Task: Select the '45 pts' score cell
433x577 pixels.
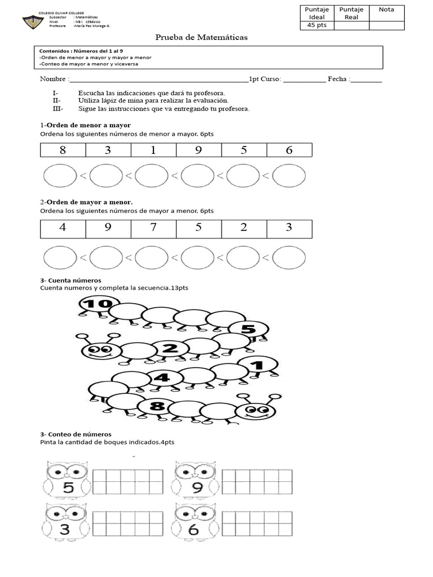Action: click(x=317, y=25)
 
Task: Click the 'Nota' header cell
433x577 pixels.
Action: click(x=387, y=10)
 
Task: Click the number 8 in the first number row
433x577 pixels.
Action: click(x=63, y=150)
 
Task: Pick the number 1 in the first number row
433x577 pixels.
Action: click(x=153, y=150)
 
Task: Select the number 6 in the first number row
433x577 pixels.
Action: click(x=289, y=150)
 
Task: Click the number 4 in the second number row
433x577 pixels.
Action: click(x=63, y=228)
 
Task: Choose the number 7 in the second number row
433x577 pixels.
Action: click(x=153, y=228)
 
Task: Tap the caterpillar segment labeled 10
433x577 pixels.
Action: click(x=96, y=305)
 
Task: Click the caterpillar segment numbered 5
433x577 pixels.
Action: click(x=248, y=329)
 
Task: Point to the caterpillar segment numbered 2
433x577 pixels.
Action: click(x=169, y=349)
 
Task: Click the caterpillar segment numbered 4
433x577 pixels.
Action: click(x=162, y=378)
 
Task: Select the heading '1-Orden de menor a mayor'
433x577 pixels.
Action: click(x=85, y=125)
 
